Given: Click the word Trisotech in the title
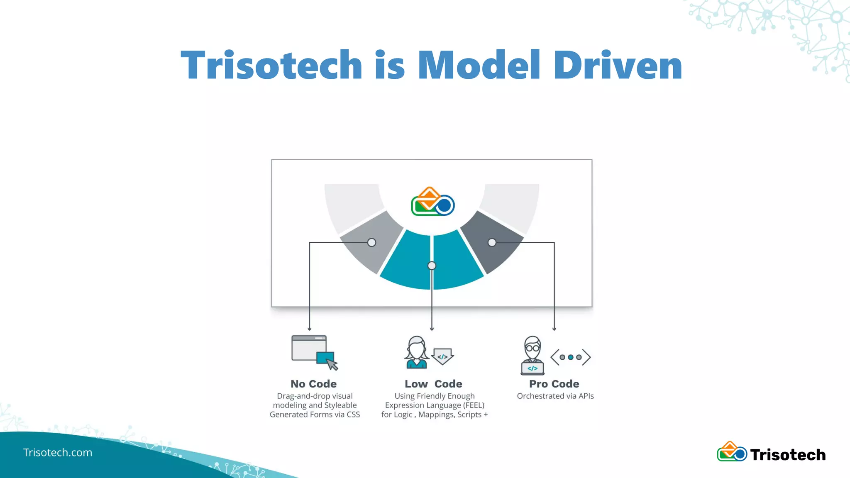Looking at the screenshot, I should [x=272, y=65].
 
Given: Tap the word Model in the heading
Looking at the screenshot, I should [x=479, y=65].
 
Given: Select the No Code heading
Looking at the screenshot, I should [x=313, y=384].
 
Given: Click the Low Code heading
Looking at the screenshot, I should [x=433, y=384].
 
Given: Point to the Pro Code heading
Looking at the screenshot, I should [x=554, y=384].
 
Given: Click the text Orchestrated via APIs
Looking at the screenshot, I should [x=555, y=396].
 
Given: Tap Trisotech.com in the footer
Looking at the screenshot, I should [x=58, y=452].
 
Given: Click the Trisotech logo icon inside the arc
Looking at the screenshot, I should [x=432, y=202].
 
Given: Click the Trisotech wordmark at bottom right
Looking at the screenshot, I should [x=787, y=455].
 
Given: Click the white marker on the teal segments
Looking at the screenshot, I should [x=432, y=266].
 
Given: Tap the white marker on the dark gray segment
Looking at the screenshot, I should [x=492, y=242].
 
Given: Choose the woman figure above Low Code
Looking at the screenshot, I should [x=416, y=352].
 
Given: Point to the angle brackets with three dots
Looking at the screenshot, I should [x=570, y=357].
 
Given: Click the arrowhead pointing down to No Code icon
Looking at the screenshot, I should [x=309, y=329].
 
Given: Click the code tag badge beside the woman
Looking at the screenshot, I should [x=442, y=356].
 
